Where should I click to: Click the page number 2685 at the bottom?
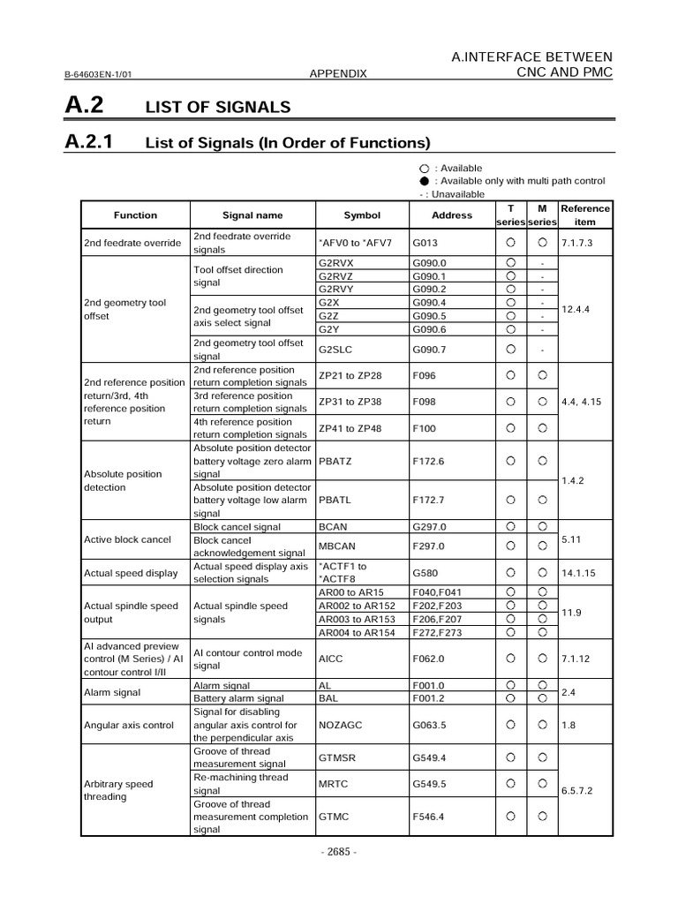[339, 852]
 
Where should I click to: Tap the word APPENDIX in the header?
[338, 74]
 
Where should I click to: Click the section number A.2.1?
[95, 141]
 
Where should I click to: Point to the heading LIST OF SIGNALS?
[217, 107]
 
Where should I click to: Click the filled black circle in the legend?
[424, 181]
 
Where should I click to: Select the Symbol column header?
[362, 215]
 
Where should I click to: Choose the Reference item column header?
[585, 215]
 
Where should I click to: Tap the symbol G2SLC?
[336, 349]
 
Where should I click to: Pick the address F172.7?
[430, 501]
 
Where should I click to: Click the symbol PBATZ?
[337, 461]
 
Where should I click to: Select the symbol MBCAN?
[337, 546]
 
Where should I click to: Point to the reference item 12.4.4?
[578, 309]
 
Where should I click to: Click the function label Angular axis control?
[128, 725]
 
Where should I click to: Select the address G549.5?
[430, 783]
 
